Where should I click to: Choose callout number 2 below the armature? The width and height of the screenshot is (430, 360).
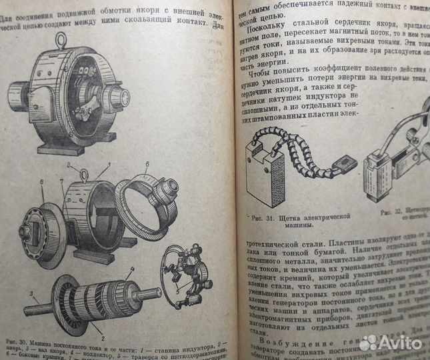point(102,331)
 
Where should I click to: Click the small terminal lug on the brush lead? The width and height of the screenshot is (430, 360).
point(345,163)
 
